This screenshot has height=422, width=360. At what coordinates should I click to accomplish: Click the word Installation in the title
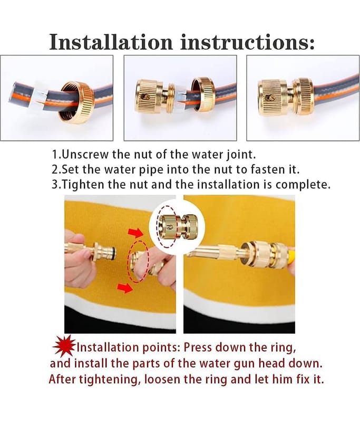click(111, 42)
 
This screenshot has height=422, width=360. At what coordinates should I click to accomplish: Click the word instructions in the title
click(247, 42)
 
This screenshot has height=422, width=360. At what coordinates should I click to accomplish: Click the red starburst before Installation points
click(64, 346)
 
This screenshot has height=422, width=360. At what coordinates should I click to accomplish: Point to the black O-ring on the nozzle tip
click(115, 253)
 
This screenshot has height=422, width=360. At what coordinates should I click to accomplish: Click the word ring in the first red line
click(284, 348)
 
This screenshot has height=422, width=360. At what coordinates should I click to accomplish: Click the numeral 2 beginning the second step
click(55, 169)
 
